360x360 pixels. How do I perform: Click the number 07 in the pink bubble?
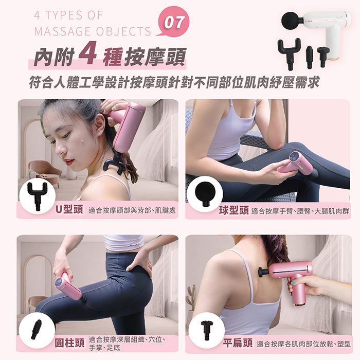tap(174, 23)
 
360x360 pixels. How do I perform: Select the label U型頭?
tap(69, 209)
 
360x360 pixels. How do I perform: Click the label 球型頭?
tap(234, 210)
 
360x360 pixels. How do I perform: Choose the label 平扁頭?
tap(238, 343)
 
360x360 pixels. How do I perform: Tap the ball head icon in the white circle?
tap(205, 193)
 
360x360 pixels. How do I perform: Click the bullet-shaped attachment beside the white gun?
tap(309, 57)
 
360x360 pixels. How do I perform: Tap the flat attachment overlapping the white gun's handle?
tap(323, 56)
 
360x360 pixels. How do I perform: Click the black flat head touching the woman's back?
tap(263, 272)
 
